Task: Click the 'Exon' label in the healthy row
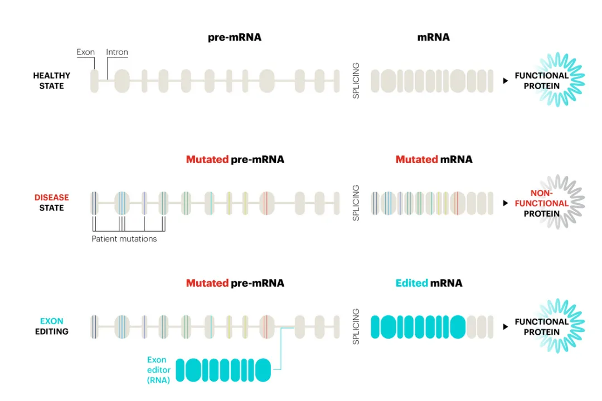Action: coord(86,52)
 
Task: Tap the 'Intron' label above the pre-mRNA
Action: coord(117,52)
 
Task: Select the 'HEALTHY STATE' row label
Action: coord(52,81)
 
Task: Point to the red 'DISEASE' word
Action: coord(52,197)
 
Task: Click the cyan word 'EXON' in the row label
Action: coord(52,321)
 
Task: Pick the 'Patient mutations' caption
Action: coord(124,239)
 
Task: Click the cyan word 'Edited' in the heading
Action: coord(411,283)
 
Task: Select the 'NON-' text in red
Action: coord(541,193)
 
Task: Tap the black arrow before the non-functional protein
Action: coord(506,203)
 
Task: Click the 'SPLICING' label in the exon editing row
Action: coord(356,326)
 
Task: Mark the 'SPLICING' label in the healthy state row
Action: coord(356,81)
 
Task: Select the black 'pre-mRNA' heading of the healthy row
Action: coord(235,37)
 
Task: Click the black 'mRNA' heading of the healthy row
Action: coord(433,37)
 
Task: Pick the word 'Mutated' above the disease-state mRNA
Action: coord(416,159)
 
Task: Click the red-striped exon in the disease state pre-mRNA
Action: coord(267,203)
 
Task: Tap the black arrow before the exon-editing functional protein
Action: coord(506,326)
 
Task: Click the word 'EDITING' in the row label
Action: coord(52,331)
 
